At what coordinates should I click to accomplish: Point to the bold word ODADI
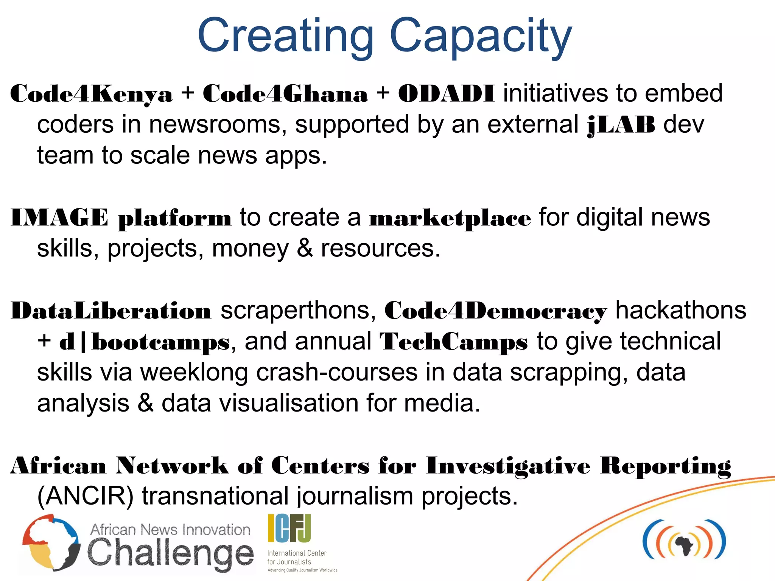(x=446, y=94)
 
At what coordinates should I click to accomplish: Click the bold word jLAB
(x=621, y=125)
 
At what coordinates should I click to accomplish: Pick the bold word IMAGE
(x=59, y=218)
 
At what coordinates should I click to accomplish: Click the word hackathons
(x=681, y=311)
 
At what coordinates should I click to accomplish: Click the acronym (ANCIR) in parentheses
(x=86, y=496)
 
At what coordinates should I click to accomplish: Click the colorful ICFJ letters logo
(x=289, y=528)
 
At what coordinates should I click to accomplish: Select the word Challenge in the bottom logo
(x=170, y=553)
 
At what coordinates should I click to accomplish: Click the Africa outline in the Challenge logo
(x=51, y=542)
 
